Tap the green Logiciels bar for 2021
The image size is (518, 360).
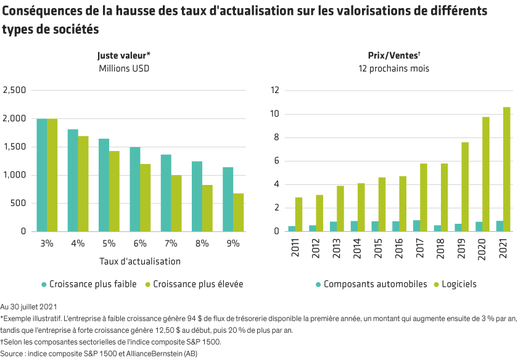(x=507, y=169)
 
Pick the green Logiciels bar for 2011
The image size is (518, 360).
(x=299, y=214)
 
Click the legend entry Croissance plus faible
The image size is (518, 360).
(x=86, y=284)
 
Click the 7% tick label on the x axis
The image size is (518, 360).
(x=171, y=243)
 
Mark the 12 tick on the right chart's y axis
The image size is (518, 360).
(x=275, y=90)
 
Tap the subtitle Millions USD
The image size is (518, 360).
(x=124, y=68)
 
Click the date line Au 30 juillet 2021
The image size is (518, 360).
(x=29, y=306)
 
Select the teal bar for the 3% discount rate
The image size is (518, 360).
(x=42, y=174)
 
